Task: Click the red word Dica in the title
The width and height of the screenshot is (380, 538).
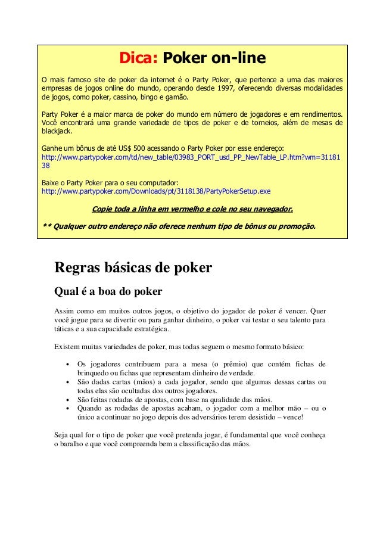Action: (138, 59)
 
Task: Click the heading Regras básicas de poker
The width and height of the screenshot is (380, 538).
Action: (133, 268)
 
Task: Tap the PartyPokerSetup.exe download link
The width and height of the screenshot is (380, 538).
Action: (155, 192)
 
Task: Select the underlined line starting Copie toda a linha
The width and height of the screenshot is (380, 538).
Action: (192, 209)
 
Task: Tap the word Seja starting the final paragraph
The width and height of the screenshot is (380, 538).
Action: (62, 436)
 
